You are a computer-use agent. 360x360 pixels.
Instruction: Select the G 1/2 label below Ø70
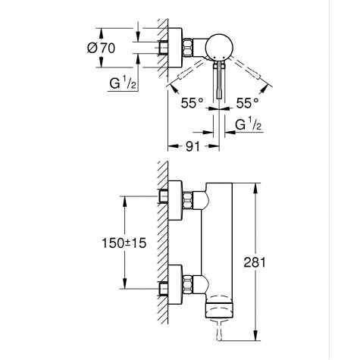click(x=121, y=86)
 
